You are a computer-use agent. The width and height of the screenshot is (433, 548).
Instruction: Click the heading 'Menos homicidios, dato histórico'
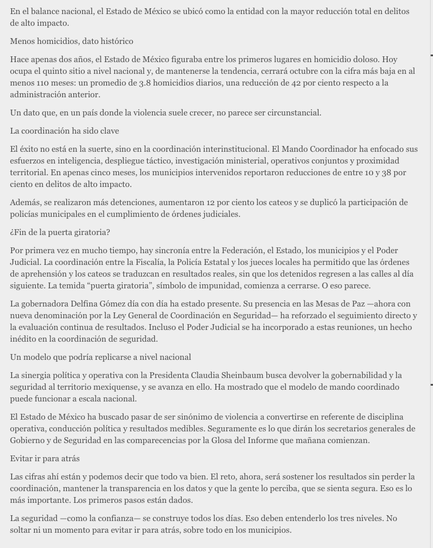point(72,41)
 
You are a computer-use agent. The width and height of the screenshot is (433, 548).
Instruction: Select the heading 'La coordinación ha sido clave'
point(65,131)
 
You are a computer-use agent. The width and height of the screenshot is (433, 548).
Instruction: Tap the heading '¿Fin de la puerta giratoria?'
point(60,232)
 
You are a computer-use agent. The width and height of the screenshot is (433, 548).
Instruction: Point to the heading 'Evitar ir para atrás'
point(45,458)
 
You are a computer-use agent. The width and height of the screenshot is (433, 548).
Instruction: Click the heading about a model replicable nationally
point(100,357)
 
